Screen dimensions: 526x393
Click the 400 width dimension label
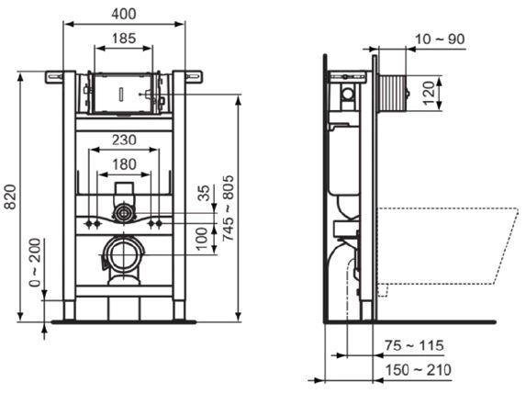point(124,14)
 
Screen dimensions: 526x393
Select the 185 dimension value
point(124,39)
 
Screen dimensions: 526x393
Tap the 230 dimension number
point(124,140)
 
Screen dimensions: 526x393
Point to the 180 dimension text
point(124,164)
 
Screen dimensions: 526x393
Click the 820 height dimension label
point(11,196)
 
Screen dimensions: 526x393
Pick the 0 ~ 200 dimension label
point(35,263)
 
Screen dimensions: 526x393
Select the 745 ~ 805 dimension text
point(229,208)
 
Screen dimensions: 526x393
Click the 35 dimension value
point(204,193)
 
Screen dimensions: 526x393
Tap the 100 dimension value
point(202,239)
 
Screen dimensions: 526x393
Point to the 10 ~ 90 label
point(440,39)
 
